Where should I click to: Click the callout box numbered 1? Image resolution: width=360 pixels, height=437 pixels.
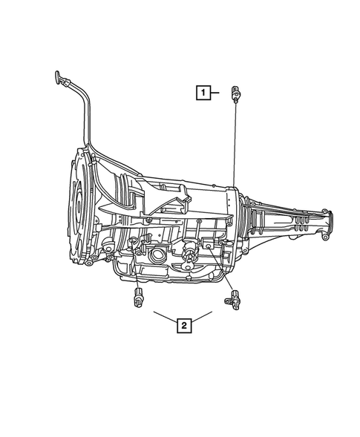[x=202, y=93]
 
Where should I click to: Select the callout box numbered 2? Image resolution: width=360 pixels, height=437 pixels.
[x=183, y=323]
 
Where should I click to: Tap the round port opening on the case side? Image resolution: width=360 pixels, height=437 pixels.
[x=158, y=257]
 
